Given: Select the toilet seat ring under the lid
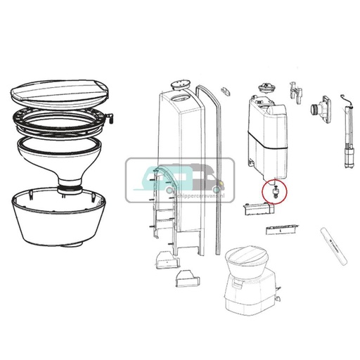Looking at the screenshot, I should point(60,120).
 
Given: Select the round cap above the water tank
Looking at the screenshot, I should point(266,88).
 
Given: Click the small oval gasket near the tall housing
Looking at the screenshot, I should point(225,91).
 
